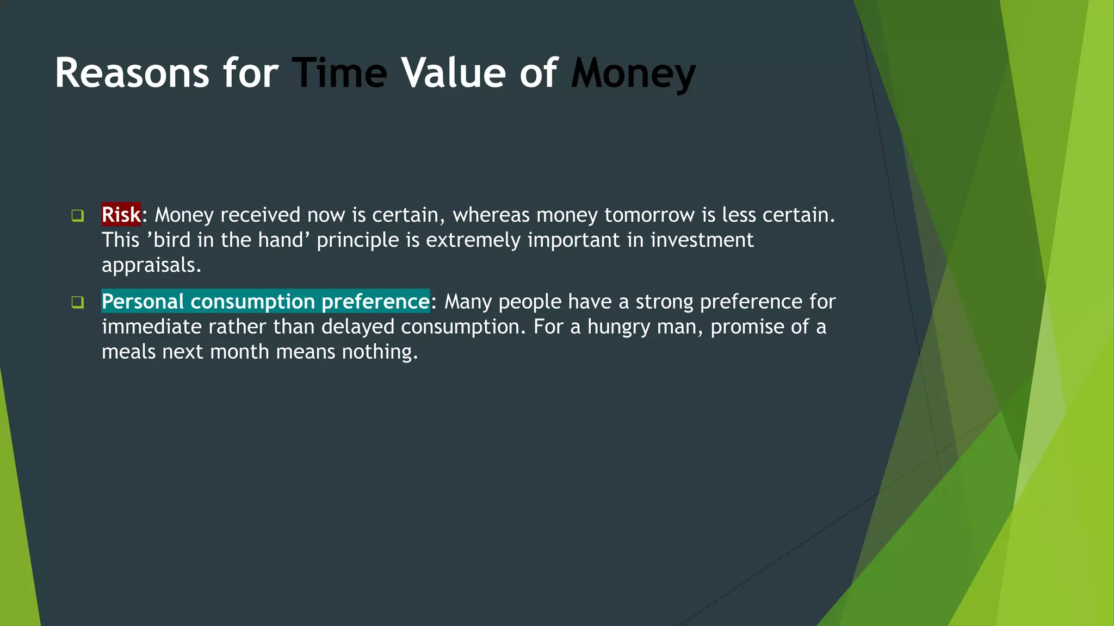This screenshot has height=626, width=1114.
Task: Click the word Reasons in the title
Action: pos(132,73)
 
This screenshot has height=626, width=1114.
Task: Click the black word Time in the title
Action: pos(339,73)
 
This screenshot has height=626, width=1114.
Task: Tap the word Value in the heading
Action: pos(454,73)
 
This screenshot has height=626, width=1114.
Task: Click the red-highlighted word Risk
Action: pos(121,215)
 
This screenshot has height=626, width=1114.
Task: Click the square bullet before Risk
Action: pos(77,216)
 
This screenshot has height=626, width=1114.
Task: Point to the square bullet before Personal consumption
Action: pos(77,302)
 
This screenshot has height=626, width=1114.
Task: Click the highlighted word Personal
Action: pos(143,302)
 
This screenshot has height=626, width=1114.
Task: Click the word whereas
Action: pos(491,215)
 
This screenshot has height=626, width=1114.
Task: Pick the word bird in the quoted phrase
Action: pos(172,240)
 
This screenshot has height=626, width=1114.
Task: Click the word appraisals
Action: pos(151,265)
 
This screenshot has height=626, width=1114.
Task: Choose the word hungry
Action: pos(619,327)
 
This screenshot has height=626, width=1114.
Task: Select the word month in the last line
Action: pos(239,352)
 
